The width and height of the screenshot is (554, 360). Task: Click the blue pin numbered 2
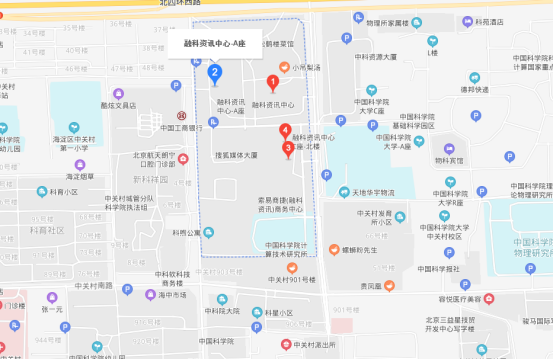click(214, 73)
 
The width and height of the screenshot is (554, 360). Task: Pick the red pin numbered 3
click(289, 149)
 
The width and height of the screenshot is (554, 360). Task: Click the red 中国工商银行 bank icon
click(181, 115)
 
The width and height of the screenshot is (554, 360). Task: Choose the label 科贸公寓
click(185, 233)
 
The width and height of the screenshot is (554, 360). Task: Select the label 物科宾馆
click(449, 160)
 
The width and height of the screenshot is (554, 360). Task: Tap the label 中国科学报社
click(437, 268)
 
